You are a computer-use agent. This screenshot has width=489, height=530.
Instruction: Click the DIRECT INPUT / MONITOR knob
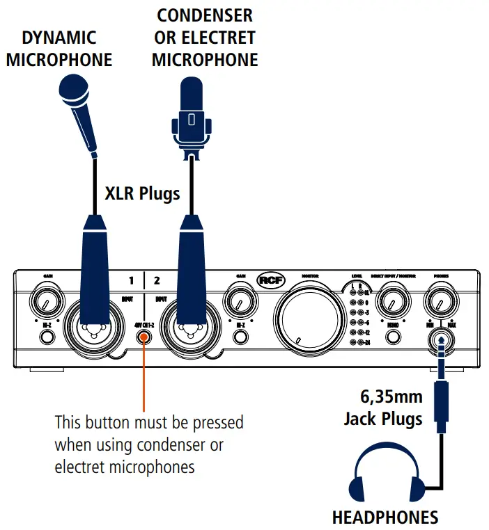pos(393,303)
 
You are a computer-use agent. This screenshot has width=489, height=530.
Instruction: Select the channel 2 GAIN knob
pos(240,303)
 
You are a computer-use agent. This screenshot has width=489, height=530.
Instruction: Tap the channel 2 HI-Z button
pos(240,337)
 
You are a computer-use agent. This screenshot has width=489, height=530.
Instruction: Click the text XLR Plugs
pos(142,193)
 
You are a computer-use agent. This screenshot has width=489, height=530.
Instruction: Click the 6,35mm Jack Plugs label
pos(382,408)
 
